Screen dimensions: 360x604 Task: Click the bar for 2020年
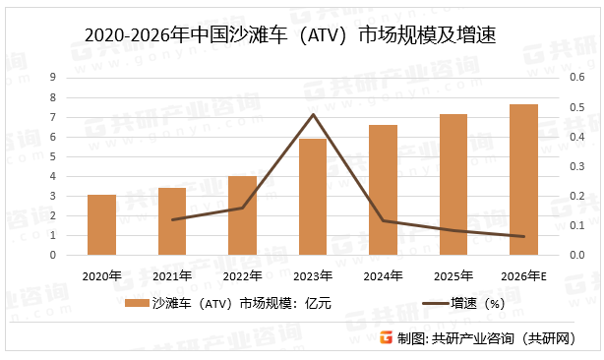(101, 225)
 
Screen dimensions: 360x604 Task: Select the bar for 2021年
(172, 221)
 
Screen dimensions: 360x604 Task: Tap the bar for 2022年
(242, 215)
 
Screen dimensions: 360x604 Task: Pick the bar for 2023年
(313, 197)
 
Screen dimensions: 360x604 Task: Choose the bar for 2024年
(383, 190)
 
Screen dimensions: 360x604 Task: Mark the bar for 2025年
(453, 185)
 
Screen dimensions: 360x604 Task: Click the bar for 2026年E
(523, 180)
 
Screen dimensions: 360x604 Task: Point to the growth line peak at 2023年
(313, 114)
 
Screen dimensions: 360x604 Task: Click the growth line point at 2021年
(172, 219)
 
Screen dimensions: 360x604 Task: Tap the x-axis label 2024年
(383, 274)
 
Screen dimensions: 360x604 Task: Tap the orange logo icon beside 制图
(385, 338)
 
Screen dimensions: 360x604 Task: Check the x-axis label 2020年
(101, 274)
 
